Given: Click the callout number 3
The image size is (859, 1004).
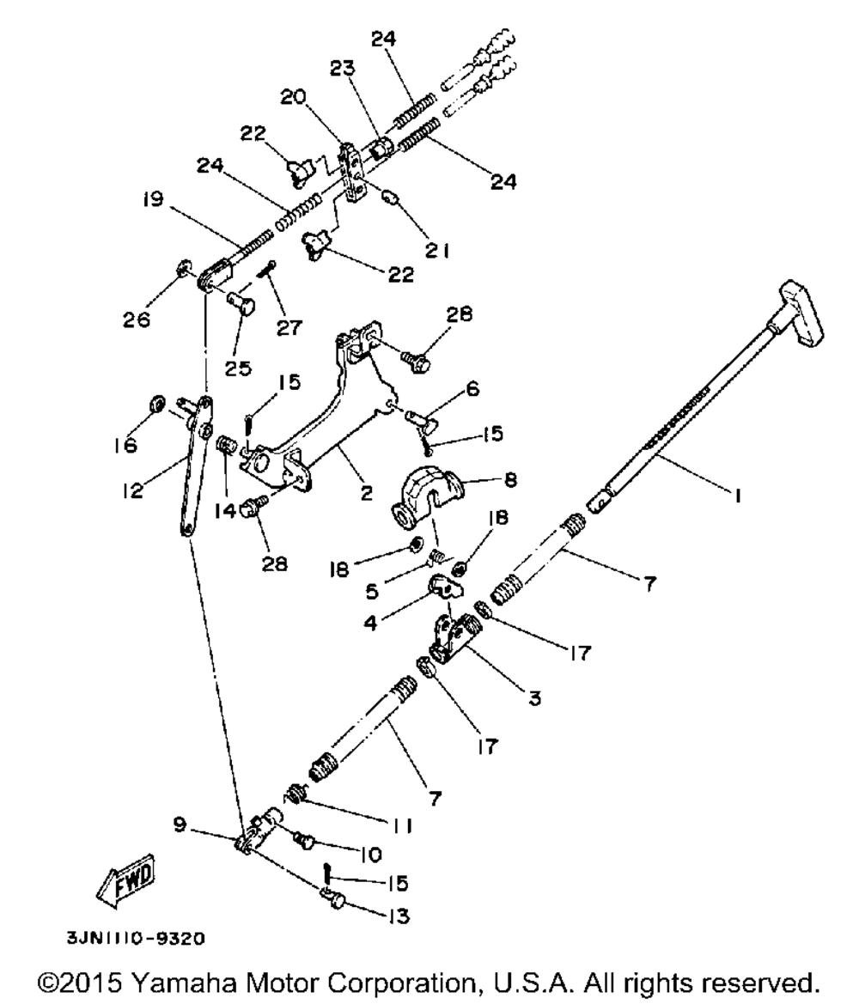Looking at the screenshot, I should (x=533, y=699).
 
